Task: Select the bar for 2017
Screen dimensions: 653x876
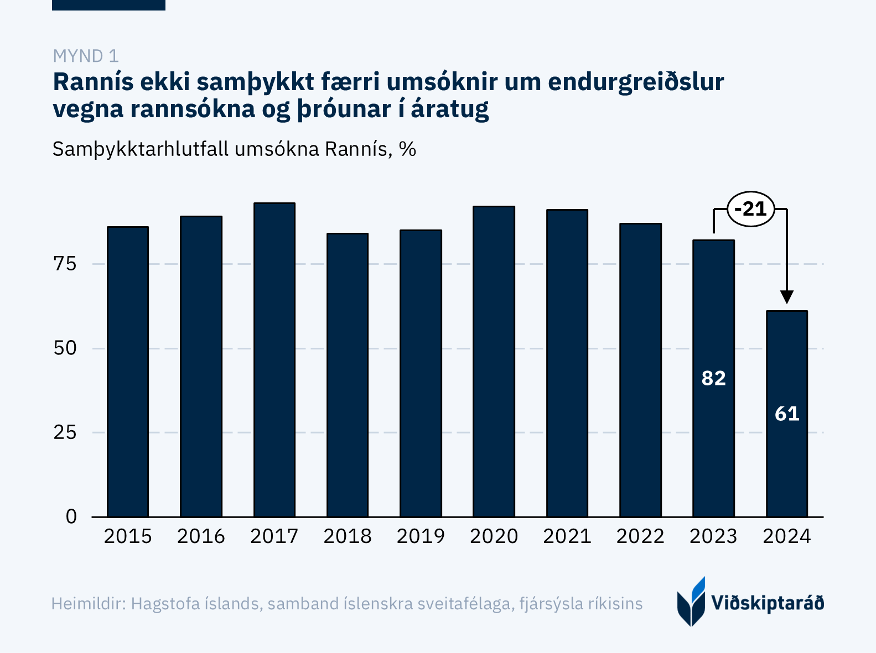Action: click(x=274, y=359)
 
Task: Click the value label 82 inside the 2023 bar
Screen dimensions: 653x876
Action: click(x=713, y=378)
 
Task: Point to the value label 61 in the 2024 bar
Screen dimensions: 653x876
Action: click(x=787, y=414)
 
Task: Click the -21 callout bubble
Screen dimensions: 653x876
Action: click(x=750, y=209)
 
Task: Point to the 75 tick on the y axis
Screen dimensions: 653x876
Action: click(x=65, y=264)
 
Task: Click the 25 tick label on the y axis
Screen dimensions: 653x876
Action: click(x=65, y=432)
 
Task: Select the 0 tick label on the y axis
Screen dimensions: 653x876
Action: click(x=71, y=516)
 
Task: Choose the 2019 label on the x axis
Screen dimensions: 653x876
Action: click(x=421, y=536)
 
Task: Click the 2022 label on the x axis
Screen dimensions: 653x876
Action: click(x=640, y=536)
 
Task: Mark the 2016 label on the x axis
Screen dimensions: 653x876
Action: click(x=201, y=536)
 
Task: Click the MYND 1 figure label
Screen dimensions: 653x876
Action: click(x=86, y=56)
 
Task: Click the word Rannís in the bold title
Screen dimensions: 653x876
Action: click(x=93, y=82)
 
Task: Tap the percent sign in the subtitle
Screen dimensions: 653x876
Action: click(x=407, y=149)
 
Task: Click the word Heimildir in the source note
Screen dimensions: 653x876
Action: click(x=89, y=603)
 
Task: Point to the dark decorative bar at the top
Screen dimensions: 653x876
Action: click(x=108, y=5)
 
